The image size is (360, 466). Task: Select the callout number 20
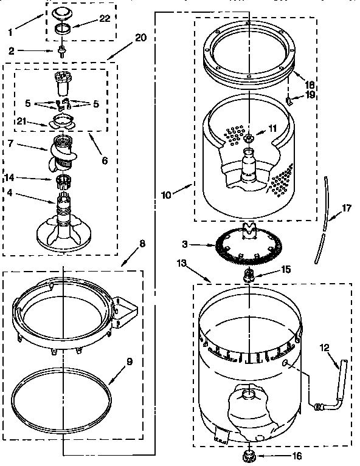[140, 38]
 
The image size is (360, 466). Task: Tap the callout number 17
[346, 208]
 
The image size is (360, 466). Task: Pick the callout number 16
[296, 456]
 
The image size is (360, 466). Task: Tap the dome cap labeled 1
[61, 13]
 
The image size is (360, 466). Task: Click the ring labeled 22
[61, 29]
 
